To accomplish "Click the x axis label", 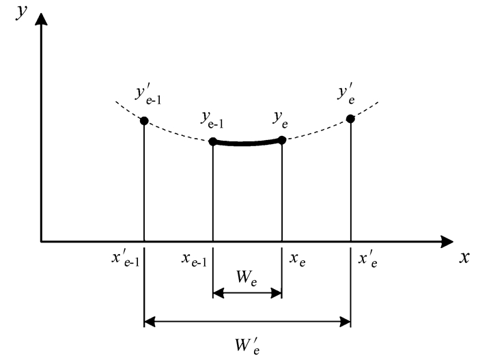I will (464, 258).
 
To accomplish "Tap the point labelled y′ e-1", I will (144, 121).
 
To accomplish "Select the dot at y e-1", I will (213, 141).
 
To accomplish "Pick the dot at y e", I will (282, 141).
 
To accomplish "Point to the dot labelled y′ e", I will (351, 119).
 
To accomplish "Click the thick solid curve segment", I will (247, 143).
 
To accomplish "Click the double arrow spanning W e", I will (247, 294).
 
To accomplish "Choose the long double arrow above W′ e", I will (247, 320).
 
